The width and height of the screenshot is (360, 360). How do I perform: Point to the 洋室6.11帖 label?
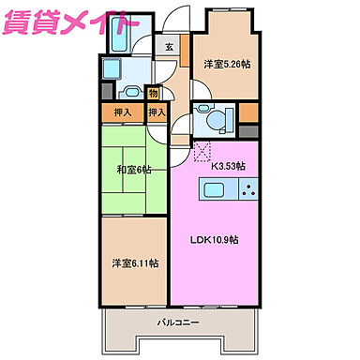pos(133,263)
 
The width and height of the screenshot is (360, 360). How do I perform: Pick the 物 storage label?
pos(153,93)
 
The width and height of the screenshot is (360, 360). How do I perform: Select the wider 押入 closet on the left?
pos(123,113)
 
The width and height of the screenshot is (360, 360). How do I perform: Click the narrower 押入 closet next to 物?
pos(157,113)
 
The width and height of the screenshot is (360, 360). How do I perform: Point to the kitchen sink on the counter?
pos(213,190)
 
